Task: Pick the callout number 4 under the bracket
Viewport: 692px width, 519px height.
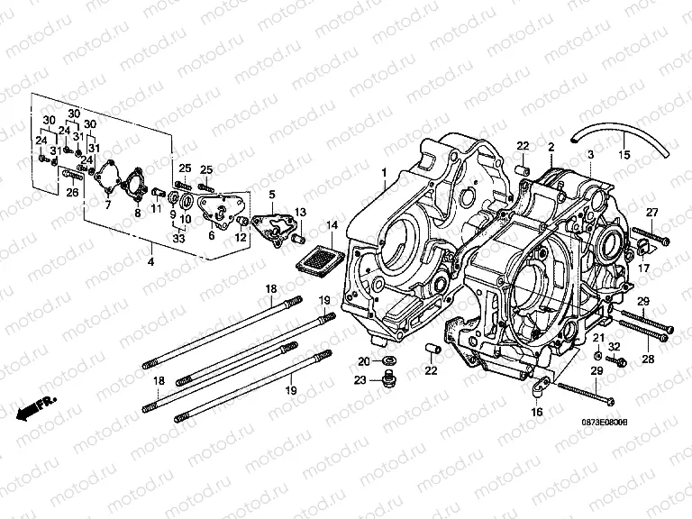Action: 150,261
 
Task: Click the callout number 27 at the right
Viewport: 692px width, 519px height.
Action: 651,213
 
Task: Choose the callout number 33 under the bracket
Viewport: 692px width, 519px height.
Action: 178,238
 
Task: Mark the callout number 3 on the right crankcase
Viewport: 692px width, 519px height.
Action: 590,155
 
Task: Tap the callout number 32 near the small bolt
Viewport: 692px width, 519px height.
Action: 614,346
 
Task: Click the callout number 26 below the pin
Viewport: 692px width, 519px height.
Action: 73,191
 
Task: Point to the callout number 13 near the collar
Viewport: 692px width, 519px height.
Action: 301,211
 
